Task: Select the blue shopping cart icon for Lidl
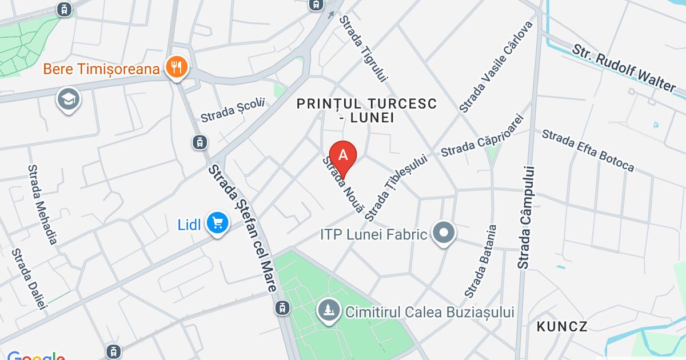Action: click(217, 223)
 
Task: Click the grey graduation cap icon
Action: click(69, 100)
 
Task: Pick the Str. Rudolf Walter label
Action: click(624, 65)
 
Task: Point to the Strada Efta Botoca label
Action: click(588, 150)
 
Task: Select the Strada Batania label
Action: click(481, 261)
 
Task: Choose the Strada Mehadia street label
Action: click(42, 204)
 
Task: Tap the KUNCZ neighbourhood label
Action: click(562, 327)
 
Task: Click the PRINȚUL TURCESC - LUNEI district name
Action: click(366, 111)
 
